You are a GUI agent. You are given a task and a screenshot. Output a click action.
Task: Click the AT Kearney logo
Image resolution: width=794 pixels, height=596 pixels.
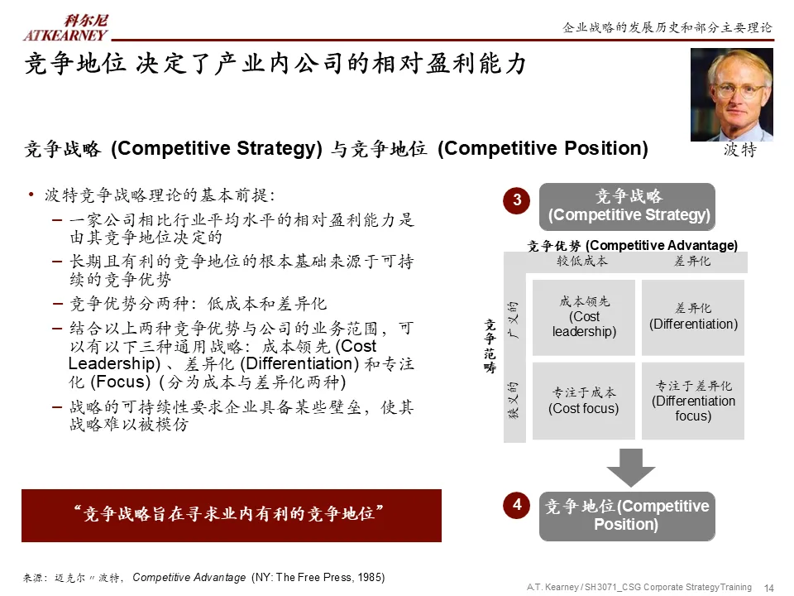[x=65, y=28]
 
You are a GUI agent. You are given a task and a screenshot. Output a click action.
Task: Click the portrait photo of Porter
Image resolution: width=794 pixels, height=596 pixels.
[x=731, y=94]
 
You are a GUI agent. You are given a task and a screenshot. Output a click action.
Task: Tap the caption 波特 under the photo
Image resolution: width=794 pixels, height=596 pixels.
[x=739, y=151]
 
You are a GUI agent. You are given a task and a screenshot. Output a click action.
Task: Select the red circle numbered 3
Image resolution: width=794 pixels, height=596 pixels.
[x=517, y=200]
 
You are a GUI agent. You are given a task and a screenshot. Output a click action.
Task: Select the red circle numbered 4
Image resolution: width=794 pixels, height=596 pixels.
[x=517, y=505]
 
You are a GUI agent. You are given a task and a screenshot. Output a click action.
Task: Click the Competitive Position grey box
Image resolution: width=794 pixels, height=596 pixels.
[x=627, y=516]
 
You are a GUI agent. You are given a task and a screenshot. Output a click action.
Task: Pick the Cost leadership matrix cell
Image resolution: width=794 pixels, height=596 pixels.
[x=584, y=317]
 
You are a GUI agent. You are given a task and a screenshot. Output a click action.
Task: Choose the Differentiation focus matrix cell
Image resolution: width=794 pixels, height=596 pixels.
[x=693, y=401]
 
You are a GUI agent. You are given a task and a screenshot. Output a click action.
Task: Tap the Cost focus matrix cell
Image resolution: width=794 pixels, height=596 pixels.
[x=584, y=401]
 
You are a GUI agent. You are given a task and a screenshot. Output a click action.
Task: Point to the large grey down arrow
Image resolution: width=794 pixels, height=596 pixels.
[x=630, y=468]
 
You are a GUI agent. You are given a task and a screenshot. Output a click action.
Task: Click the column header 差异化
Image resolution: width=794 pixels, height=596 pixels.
[x=692, y=262]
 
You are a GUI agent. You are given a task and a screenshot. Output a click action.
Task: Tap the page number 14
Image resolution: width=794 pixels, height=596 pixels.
[x=768, y=588]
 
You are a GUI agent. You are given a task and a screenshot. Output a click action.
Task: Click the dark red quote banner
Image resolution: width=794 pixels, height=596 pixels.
[x=232, y=515]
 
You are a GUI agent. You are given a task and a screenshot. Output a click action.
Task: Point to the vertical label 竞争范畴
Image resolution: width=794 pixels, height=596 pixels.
[x=490, y=348]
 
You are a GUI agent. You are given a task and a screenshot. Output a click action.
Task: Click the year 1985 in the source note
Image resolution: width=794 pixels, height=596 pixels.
[x=370, y=577]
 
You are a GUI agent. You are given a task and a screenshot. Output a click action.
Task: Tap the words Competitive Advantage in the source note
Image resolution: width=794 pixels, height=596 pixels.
[x=189, y=577]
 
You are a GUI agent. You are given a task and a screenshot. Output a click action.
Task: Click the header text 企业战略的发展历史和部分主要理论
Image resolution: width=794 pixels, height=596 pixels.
[x=667, y=27]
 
